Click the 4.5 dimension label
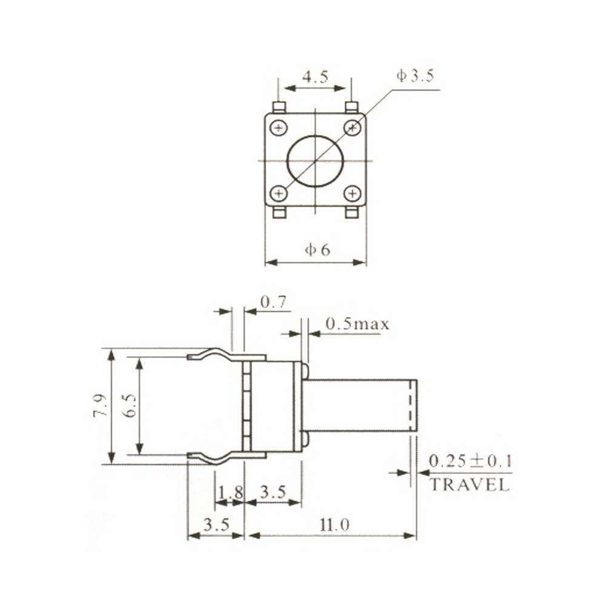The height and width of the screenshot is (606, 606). click(x=315, y=78)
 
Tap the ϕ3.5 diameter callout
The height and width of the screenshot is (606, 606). click(x=416, y=76)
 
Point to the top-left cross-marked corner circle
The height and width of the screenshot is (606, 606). click(x=279, y=128)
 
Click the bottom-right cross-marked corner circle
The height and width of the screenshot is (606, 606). click(x=352, y=193)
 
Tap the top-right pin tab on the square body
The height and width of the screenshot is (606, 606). click(x=351, y=108)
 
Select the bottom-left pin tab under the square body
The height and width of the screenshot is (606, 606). click(x=279, y=213)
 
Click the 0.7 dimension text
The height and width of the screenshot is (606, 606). click(x=273, y=302)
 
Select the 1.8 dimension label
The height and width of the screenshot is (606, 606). click(x=230, y=492)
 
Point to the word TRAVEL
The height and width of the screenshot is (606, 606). click(x=470, y=485)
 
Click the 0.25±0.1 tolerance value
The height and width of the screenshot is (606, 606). click(x=470, y=461)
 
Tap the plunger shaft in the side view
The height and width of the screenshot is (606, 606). click(x=361, y=405)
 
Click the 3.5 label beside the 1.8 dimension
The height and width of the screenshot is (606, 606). click(x=272, y=492)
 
